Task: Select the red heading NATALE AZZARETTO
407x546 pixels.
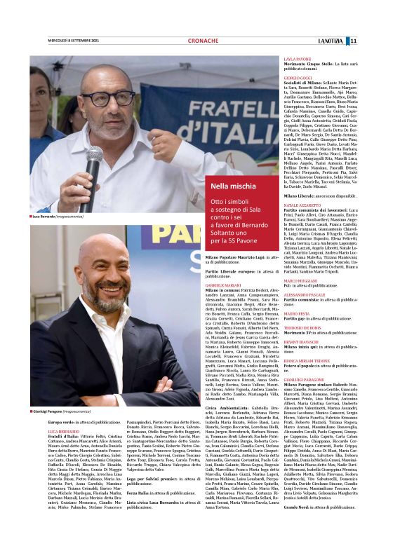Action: tap(302, 205)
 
